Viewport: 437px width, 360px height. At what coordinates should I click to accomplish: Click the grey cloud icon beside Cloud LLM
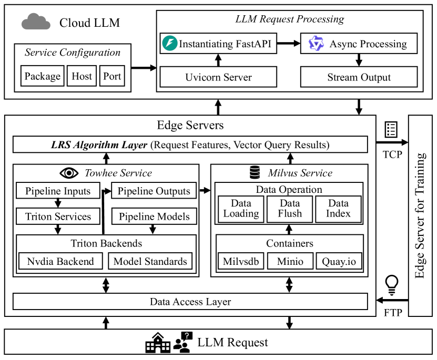pos(36,22)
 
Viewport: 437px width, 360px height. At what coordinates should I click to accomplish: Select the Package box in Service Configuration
pos(43,76)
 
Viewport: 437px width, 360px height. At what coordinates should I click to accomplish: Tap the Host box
pos(82,76)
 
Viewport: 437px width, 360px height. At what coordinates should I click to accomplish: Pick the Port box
pos(112,76)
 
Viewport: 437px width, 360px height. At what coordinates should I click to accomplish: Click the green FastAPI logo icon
pos(170,44)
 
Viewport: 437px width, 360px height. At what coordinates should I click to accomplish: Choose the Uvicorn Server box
pos(218,77)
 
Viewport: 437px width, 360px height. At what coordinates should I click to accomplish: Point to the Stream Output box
pos(359,77)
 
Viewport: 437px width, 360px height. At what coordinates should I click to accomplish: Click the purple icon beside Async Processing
pos(316,44)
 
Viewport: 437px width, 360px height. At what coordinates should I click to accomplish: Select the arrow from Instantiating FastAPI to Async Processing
pos(288,44)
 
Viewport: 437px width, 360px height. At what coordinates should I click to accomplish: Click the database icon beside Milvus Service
pos(255,172)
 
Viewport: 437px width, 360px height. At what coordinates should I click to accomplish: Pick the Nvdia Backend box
pos(60,261)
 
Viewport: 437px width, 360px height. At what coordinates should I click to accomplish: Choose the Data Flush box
pos(290,209)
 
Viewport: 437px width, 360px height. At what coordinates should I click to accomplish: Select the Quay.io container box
pos(339,261)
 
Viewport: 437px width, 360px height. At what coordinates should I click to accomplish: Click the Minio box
pos(290,261)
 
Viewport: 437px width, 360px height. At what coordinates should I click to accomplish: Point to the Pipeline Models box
pos(154,216)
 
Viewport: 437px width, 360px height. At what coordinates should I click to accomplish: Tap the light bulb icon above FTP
pos(392,284)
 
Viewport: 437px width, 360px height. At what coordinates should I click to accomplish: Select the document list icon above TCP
pos(391,129)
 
